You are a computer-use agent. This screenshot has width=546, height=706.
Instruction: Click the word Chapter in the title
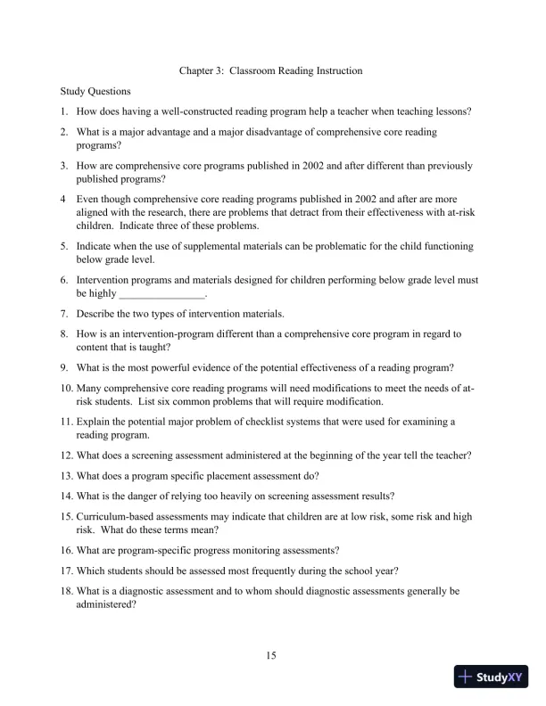coord(197,70)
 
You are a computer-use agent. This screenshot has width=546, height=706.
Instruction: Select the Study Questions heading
coord(95,91)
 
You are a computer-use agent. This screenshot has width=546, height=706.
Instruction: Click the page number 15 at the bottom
coord(272,656)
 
